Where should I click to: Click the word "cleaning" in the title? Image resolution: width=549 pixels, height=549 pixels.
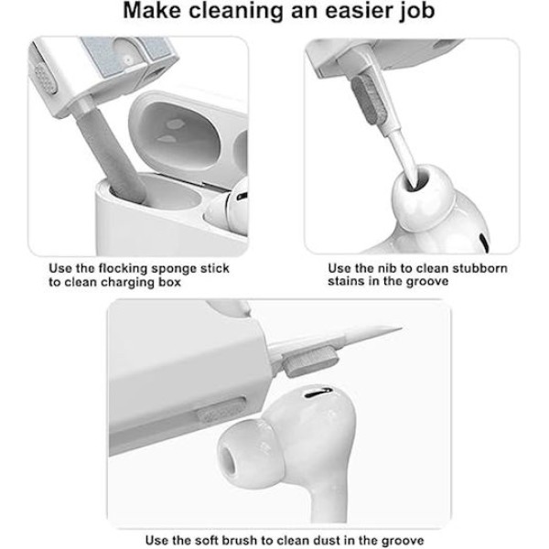[235, 10]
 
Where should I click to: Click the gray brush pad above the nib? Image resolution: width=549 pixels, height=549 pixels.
[370, 100]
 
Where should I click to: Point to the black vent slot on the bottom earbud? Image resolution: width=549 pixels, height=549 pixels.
[318, 393]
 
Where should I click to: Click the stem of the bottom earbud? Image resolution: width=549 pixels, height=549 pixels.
[328, 504]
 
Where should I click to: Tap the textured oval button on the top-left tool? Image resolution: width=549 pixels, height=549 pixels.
[45, 79]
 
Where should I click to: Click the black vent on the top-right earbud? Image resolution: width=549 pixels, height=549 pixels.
[484, 242]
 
